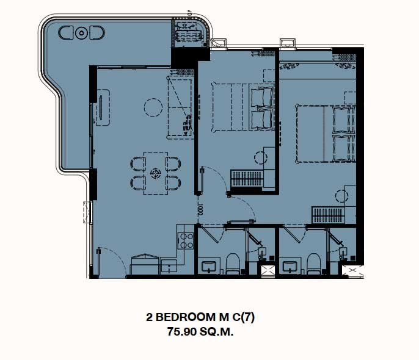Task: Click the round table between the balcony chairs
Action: pyautogui.click(x=81, y=33)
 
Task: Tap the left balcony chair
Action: pyautogui.click(x=65, y=32)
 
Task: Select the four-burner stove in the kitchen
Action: pyautogui.click(x=186, y=240)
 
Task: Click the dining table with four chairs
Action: pyautogui.click(x=156, y=173)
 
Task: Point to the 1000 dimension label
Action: pyautogui.click(x=201, y=209)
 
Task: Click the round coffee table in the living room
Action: pyautogui.click(x=153, y=107)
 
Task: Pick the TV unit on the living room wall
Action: pyautogui.click(x=103, y=107)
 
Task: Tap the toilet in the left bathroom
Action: pyautogui.click(x=233, y=264)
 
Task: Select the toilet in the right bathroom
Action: pyautogui.click(x=313, y=264)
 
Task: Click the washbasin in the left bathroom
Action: pyautogui.click(x=209, y=266)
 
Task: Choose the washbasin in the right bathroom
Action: pyautogui.click(x=290, y=266)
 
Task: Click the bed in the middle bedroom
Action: pyautogui.click(x=243, y=107)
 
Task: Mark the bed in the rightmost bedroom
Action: pyautogui.click(x=326, y=134)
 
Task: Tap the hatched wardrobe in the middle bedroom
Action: pyautogui.click(x=247, y=179)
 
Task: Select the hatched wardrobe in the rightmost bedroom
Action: pyautogui.click(x=328, y=215)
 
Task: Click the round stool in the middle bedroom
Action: pyautogui.click(x=261, y=157)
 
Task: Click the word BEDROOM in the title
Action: pyautogui.click(x=185, y=317)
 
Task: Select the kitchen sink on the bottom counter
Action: pyautogui.click(x=169, y=266)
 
